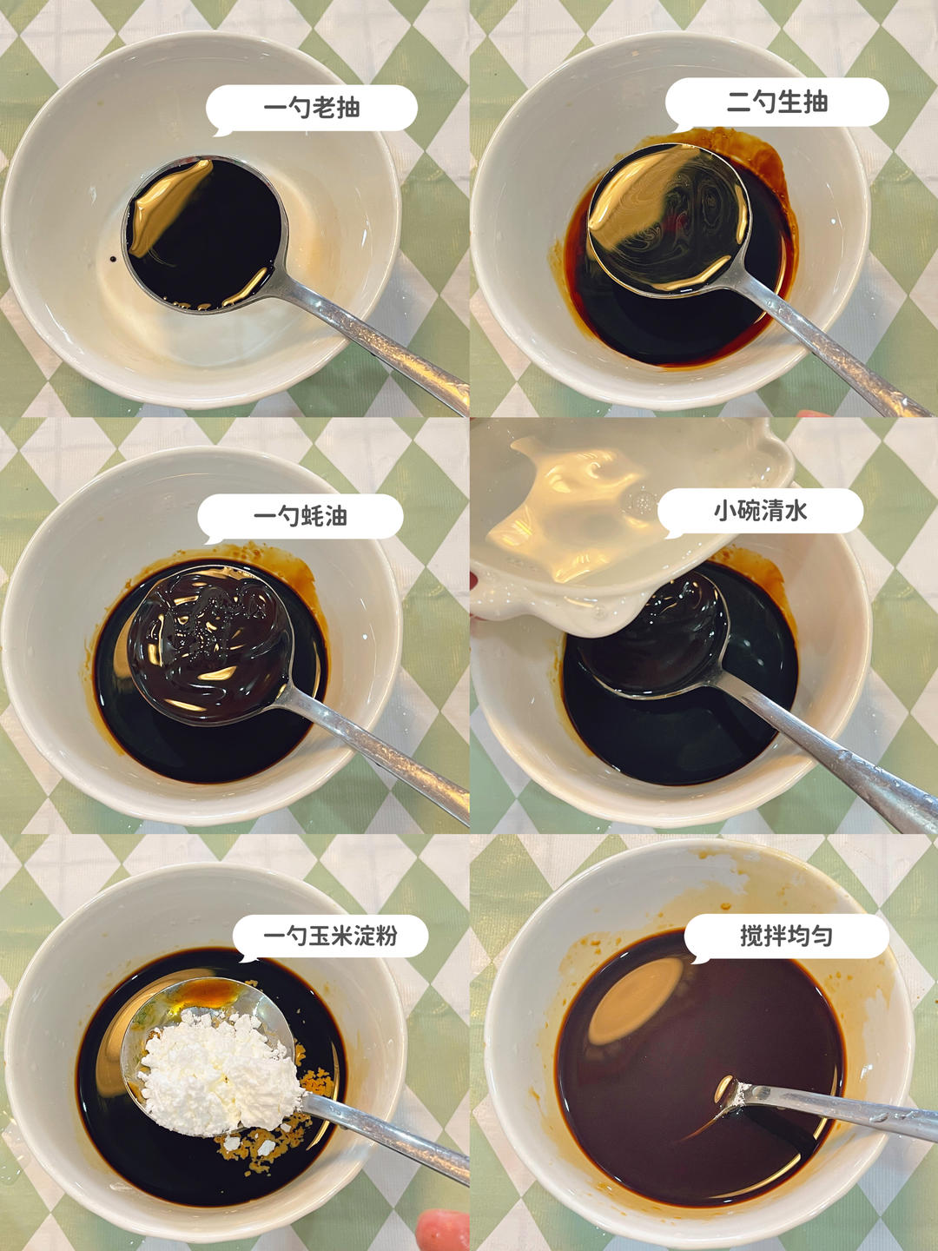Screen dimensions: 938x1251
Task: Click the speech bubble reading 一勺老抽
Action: point(312,109)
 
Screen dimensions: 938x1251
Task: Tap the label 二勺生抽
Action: point(776,103)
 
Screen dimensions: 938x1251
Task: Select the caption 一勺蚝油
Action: point(301,517)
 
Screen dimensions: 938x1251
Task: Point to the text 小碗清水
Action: point(760,511)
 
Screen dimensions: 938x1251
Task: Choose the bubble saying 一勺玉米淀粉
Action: point(330,937)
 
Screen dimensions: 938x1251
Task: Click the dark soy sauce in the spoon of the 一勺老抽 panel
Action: point(204,234)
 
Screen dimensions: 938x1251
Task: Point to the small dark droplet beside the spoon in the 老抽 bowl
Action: point(112,259)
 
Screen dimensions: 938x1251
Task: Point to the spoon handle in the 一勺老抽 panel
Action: point(373,342)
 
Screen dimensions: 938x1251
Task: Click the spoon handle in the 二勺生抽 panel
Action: point(837,347)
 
